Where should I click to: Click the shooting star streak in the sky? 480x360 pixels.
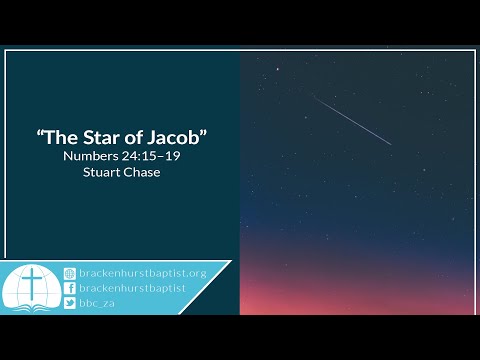click(353, 121)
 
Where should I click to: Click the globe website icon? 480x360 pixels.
click(69, 273)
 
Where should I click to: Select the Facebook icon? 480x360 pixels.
click(69, 288)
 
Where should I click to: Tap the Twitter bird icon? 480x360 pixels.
click(69, 303)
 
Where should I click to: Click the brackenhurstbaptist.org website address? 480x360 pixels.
click(142, 273)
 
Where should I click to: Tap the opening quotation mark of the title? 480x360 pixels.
click(39, 135)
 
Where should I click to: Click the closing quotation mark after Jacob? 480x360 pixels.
click(203, 135)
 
